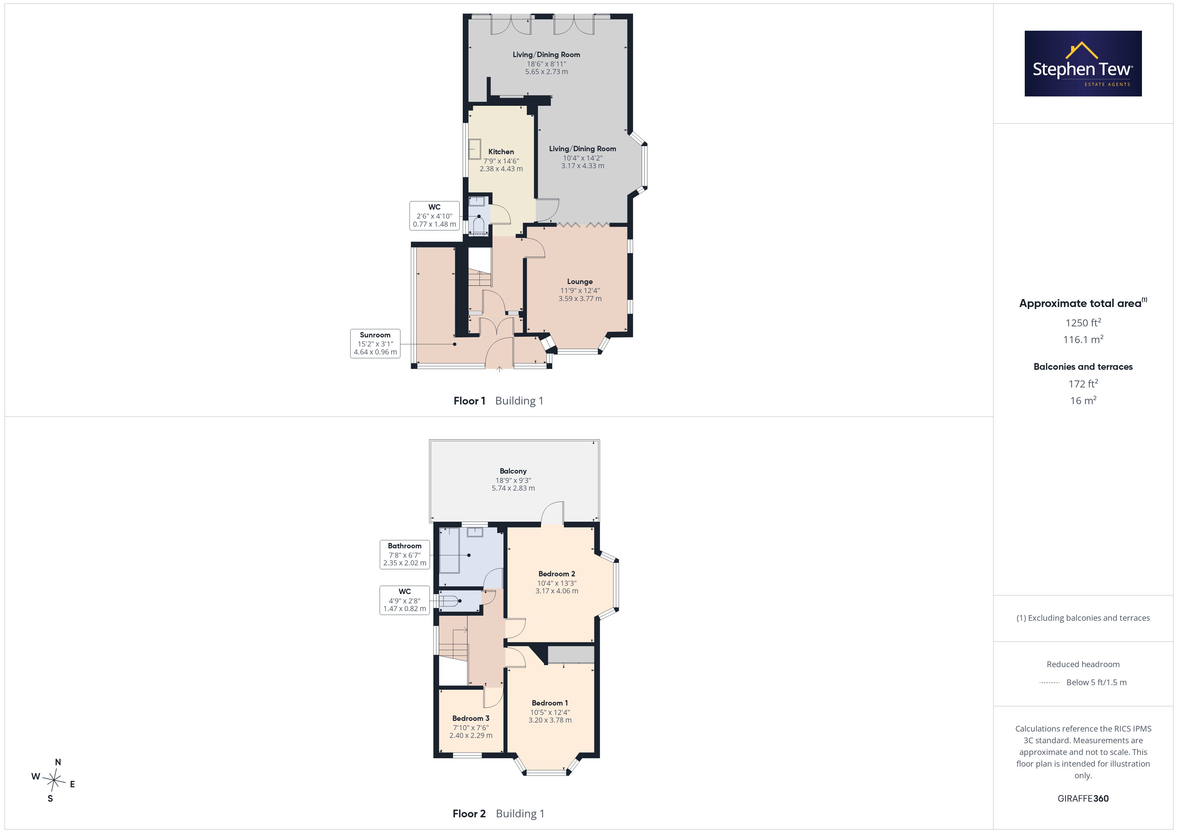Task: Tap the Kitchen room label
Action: [501, 152]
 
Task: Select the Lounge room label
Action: [580, 282]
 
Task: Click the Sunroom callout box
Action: [375, 344]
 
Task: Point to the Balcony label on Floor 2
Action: [513, 471]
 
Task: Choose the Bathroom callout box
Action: [404, 554]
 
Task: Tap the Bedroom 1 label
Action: [550, 703]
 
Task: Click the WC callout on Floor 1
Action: [434, 216]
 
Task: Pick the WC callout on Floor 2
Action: [404, 600]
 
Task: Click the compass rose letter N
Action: [58, 762]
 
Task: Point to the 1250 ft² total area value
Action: [1083, 323]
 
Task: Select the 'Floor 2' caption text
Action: [469, 814]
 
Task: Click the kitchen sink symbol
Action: [474, 149]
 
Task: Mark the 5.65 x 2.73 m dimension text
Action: [546, 72]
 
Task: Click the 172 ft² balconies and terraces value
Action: [1083, 384]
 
